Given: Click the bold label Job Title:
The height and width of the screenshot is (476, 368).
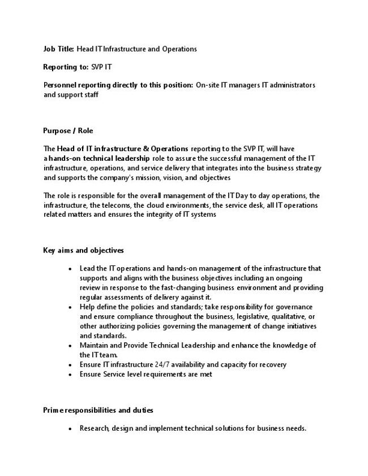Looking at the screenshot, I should coord(59,49).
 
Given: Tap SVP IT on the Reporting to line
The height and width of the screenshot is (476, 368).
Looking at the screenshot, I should coord(102,67).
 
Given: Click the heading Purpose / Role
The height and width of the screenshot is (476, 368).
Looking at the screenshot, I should coord(68,131).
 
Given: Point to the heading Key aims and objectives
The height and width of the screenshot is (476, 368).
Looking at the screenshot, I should coord(84,250).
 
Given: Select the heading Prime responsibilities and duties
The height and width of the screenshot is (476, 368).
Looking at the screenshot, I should coord(98,410).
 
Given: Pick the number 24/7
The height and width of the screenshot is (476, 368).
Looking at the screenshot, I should coord(166,365).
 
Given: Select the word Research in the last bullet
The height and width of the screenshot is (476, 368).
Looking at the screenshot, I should coord(94,428).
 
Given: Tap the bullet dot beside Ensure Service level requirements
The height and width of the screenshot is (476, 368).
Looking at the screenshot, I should coord(70,375).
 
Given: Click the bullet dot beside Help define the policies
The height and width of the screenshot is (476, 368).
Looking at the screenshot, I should coord(70,308).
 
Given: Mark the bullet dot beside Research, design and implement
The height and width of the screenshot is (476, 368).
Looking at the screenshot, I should coord(70,429).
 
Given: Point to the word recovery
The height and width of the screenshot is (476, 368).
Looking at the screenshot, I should coord(272,365).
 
